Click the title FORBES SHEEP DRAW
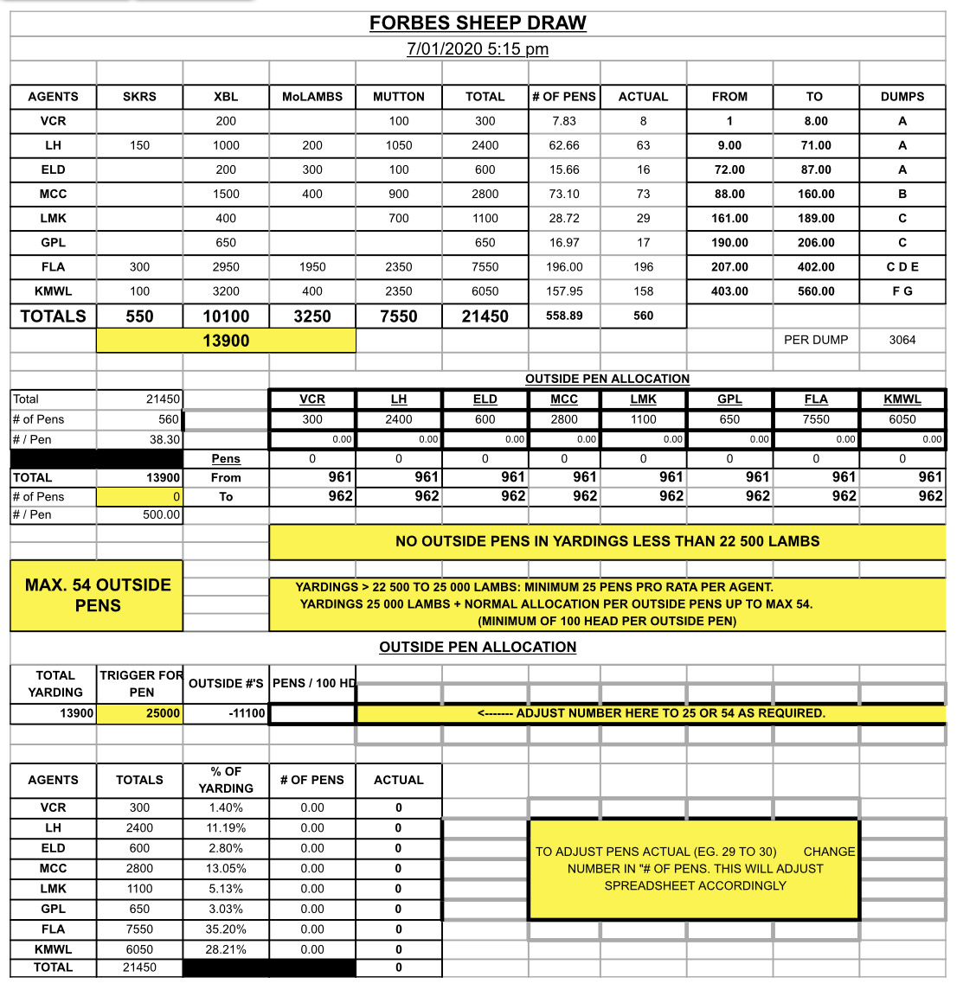[478, 23]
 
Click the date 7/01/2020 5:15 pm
[478, 49]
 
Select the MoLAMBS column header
[312, 97]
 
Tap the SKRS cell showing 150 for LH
[139, 145]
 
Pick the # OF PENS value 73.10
[564, 194]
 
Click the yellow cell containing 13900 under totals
[226, 341]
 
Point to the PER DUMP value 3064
[902, 340]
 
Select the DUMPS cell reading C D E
[902, 267]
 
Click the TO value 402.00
[816, 267]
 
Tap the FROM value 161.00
[729, 218]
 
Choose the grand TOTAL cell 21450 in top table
[485, 316]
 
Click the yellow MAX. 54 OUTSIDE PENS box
[97, 595]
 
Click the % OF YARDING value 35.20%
[226, 929]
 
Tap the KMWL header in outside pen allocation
[902, 399]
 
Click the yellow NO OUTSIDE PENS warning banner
[607, 541]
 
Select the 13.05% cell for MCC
[226, 868]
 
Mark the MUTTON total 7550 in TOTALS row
[398, 316]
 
